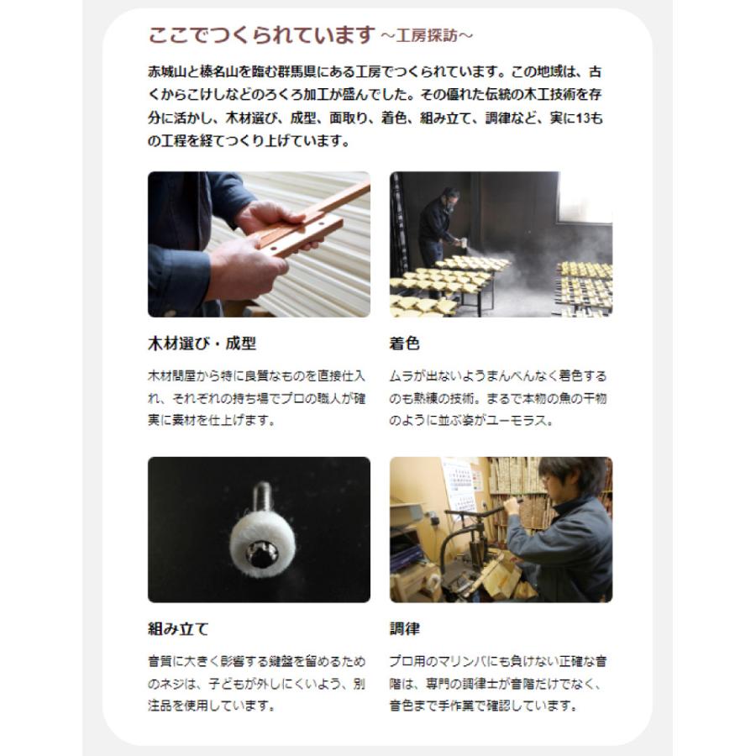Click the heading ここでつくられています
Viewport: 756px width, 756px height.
[x=260, y=36]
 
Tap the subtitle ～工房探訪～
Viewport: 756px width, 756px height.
[x=427, y=37]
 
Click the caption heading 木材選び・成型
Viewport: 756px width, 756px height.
[x=202, y=344]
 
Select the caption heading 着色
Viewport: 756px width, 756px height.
[x=405, y=344]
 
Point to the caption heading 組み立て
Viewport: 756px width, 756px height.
[x=178, y=628]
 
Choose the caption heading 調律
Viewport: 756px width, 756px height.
[x=405, y=628]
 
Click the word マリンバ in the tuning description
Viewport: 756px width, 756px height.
[x=465, y=662]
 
